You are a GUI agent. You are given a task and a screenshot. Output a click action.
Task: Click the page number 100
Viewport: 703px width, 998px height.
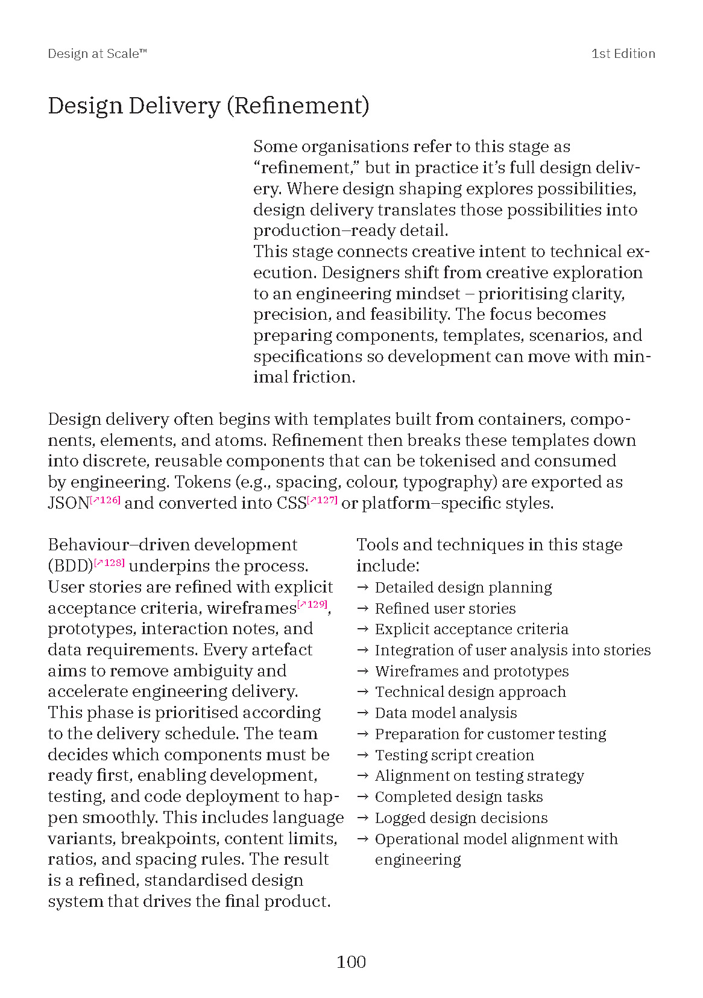[x=351, y=961]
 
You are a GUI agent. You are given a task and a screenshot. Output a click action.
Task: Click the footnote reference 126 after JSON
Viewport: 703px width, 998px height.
[x=106, y=500]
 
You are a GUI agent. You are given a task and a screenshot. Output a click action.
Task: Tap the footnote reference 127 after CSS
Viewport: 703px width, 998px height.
[x=323, y=500]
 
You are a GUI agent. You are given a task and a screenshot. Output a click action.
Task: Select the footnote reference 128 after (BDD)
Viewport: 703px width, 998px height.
[x=110, y=562]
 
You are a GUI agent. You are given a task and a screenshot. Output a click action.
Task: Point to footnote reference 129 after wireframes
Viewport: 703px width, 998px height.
[x=312, y=604]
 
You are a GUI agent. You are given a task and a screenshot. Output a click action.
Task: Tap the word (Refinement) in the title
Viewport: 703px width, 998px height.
[x=298, y=106]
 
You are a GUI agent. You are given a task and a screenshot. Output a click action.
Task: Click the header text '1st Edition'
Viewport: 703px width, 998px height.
[x=623, y=54]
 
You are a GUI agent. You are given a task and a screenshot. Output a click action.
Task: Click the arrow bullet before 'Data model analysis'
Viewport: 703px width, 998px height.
[x=362, y=713]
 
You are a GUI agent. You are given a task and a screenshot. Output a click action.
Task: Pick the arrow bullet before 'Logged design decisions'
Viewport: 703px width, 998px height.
[x=362, y=818]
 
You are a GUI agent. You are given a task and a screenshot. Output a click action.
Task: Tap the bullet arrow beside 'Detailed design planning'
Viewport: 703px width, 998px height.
[x=362, y=587]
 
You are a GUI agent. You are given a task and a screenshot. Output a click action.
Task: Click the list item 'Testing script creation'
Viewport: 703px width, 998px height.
[x=454, y=755]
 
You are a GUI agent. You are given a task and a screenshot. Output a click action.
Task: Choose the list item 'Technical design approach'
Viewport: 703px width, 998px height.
[x=470, y=691]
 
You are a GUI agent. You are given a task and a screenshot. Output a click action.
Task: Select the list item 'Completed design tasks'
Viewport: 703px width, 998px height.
[x=458, y=796]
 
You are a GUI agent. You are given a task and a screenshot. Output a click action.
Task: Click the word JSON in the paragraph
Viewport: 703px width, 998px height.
[x=68, y=503]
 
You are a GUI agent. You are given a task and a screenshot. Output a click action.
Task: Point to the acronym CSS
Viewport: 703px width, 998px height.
[x=292, y=503]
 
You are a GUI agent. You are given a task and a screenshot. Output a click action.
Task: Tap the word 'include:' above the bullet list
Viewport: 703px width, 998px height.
[x=388, y=566]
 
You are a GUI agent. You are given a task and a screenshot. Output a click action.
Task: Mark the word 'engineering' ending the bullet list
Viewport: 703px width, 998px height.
[x=418, y=859]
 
